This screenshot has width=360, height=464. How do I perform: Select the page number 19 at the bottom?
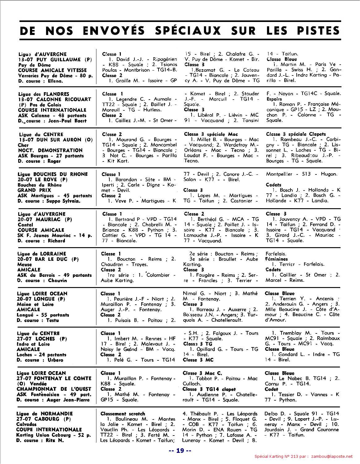click(180, 451)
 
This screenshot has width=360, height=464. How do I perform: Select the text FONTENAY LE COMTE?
click(64, 378)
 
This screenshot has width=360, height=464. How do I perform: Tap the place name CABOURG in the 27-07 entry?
click(47, 419)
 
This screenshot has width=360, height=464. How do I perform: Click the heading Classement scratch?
click(123, 414)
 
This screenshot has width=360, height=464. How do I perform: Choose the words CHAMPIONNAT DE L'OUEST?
click(54, 389)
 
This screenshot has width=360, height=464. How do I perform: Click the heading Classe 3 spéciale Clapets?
click(296, 134)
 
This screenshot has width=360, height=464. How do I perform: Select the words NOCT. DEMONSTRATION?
click(50, 150)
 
